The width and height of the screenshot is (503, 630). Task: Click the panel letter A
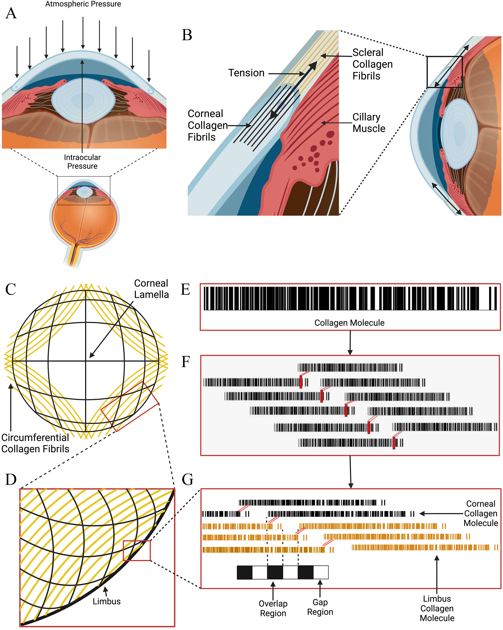(x=11, y=13)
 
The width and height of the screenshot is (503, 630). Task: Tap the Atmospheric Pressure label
(x=83, y=4)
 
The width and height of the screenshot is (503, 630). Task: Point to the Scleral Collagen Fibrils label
(x=372, y=64)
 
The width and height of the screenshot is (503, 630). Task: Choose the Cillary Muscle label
(x=369, y=123)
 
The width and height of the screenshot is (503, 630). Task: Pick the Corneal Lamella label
(x=151, y=289)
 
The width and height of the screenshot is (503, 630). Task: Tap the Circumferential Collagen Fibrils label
(x=35, y=443)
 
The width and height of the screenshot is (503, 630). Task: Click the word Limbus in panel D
(x=107, y=601)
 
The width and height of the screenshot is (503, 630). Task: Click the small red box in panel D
(x=137, y=551)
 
